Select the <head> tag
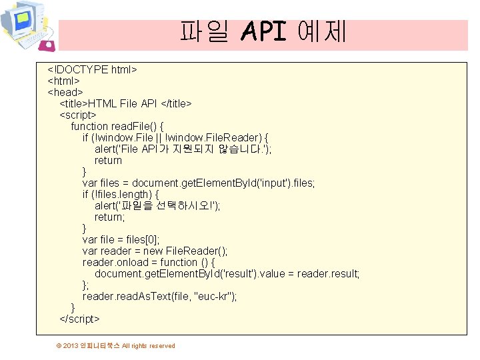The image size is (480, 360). tap(65, 92)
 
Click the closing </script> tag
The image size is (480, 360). tap(79, 319)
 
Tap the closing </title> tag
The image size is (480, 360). tap(176, 103)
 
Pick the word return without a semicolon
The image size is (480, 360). tap(108, 160)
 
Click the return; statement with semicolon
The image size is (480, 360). tap(109, 217)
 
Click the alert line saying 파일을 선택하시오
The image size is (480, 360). tap(157, 205)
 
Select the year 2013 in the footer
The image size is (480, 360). tap(71, 345)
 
